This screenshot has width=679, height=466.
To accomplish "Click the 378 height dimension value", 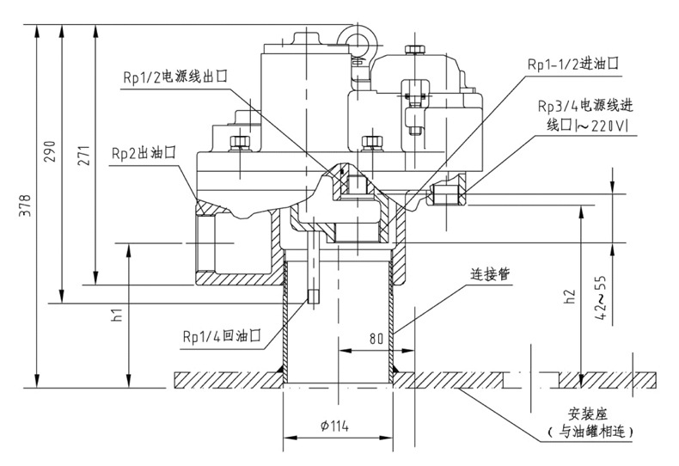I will tap(26, 209).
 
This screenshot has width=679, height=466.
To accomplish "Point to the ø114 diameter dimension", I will tap(337, 426).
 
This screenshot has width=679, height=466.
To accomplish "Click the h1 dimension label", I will tap(118, 315).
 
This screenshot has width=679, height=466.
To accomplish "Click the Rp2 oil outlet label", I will tap(144, 151).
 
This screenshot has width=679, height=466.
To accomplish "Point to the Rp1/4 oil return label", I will tap(221, 335).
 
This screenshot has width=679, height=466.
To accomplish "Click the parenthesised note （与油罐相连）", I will tap(583, 429).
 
